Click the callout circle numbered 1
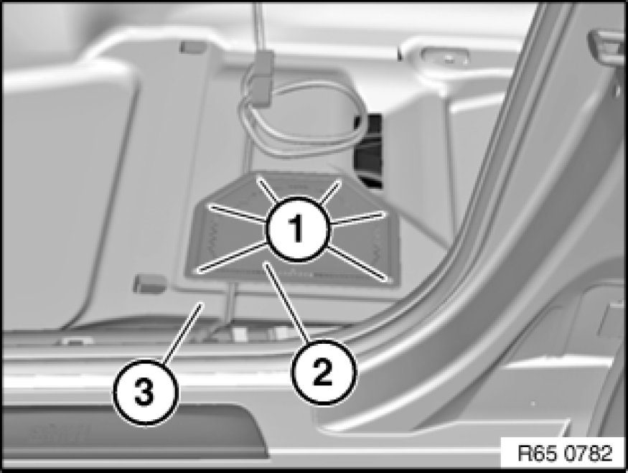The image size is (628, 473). pos(297,229)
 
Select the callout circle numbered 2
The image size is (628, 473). pos(323,372)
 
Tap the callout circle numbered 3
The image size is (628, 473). pos(144,391)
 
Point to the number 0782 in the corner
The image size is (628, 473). pos(589,454)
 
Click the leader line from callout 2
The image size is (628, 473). pos(287,303)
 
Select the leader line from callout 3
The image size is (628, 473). pos(181,333)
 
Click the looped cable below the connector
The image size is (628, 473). pos(301,120)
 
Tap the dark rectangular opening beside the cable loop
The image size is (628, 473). pos(367,150)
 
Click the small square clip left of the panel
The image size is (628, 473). pos(149,284)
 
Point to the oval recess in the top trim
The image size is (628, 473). pos(444,57)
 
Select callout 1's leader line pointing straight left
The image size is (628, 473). pos(239,213)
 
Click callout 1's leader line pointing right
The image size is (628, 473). pos(357,219)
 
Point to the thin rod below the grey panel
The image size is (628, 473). pos(230,302)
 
